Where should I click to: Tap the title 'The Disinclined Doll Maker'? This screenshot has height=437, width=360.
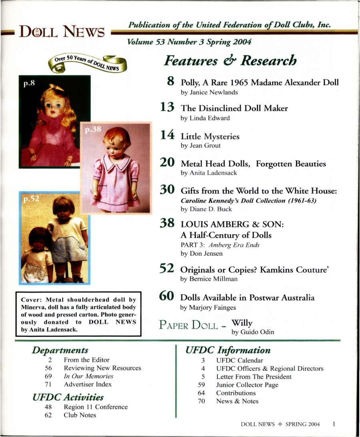(x=234, y=108)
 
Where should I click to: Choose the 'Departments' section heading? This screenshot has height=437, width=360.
(x=60, y=350)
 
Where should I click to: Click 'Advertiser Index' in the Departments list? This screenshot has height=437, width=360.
(x=88, y=384)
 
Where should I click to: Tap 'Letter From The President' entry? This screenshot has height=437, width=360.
(x=254, y=377)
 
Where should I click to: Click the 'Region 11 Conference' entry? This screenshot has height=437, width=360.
(x=96, y=407)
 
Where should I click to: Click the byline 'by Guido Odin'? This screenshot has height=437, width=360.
(x=252, y=332)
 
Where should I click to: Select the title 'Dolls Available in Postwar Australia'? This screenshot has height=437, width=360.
(x=247, y=297)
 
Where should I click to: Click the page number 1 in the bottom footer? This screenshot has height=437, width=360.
(x=333, y=424)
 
